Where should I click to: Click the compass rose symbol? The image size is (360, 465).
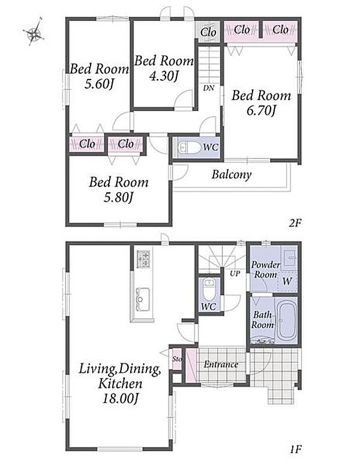click(34, 32)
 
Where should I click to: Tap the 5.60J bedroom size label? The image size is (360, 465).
click(99, 85)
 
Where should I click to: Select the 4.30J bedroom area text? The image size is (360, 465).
click(163, 77)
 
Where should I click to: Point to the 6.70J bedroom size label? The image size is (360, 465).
click(261, 111)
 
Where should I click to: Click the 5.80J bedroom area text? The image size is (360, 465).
click(118, 197)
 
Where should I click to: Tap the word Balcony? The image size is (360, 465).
click(231, 174)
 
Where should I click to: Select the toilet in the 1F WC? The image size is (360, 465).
click(209, 290)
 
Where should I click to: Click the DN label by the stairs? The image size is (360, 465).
click(209, 88)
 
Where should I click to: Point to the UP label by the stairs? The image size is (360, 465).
click(235, 273)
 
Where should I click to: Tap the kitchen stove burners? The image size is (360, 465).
click(143, 258)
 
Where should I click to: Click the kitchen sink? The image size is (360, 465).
click(143, 299)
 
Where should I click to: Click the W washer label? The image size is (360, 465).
click(287, 281)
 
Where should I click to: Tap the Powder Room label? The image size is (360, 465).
click(265, 269)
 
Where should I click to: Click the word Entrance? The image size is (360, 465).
click(221, 364)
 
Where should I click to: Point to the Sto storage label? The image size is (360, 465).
click(177, 359)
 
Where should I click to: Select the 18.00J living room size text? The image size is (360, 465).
click(120, 399)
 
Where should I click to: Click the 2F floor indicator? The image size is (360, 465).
click(295, 223)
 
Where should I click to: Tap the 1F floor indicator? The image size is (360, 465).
click(296, 449)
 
